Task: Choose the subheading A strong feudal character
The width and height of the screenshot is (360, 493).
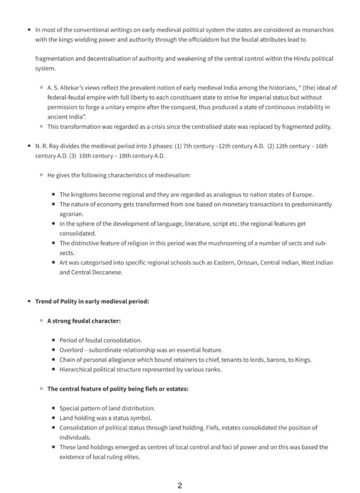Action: tap(84, 320)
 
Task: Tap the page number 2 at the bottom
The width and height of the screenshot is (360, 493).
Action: tap(179, 485)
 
